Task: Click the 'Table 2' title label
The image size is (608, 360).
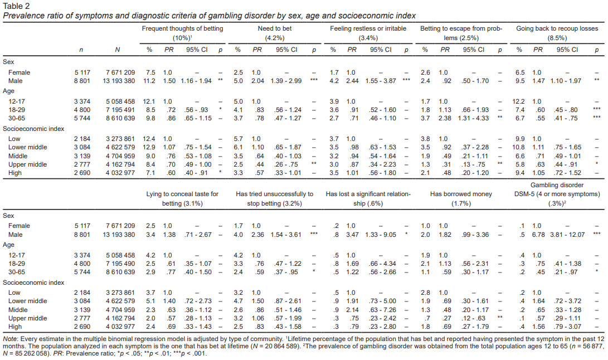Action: [x=16, y=6]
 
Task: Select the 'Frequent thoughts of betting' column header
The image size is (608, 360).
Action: [x=182, y=28]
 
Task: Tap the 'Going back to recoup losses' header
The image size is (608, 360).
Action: [x=557, y=28]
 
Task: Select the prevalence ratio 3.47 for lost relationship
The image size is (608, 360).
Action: [x=351, y=234]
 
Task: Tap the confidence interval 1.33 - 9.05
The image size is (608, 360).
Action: [x=380, y=234]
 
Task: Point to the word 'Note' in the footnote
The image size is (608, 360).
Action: [x=10, y=338]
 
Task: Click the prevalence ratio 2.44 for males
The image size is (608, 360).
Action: [x=351, y=81]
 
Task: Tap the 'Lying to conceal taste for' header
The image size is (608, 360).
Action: [x=182, y=194]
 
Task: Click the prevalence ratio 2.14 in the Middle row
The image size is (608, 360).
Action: [x=351, y=310]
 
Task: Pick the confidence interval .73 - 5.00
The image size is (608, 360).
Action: [x=380, y=300]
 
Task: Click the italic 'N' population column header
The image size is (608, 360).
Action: [x=117, y=50]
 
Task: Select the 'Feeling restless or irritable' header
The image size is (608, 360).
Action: [x=368, y=28]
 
